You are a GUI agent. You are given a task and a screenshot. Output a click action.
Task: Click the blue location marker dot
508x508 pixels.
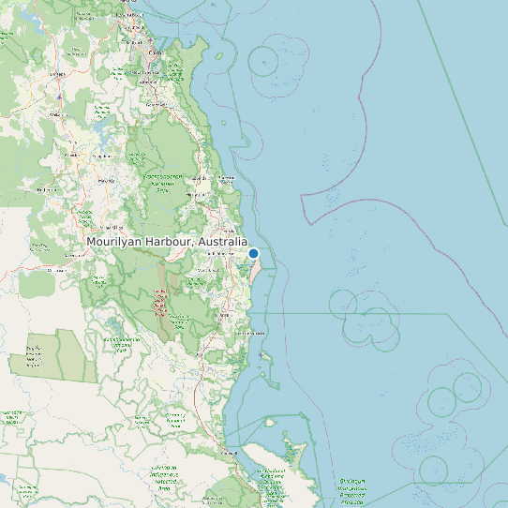point(253,252)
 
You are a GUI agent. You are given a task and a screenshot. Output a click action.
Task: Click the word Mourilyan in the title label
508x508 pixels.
point(121,242)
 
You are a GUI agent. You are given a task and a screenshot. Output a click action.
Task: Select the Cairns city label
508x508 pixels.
point(156,53)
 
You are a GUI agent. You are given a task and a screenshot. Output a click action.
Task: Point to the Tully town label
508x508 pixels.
point(224,316)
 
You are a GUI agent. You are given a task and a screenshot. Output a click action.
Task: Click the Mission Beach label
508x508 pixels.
point(251,333)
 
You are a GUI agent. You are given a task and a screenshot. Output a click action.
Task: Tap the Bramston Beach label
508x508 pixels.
point(226,177)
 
